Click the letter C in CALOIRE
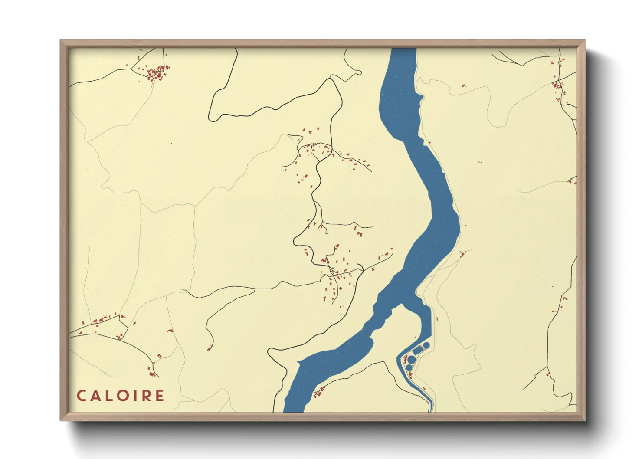pyautogui.click(x=81, y=396)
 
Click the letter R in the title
pyautogui.click(x=146, y=396)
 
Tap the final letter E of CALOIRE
pyautogui.click(x=160, y=396)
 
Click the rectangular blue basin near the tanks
pyautogui.click(x=418, y=350)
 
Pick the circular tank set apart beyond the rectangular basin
pyautogui.click(x=426, y=345)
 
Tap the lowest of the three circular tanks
pyautogui.click(x=409, y=367)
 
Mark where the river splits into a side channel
pyautogui.click(x=401, y=304)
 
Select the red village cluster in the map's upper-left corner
pyautogui.click(x=156, y=72)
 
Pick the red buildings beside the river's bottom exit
pyautogui.click(x=319, y=392)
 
